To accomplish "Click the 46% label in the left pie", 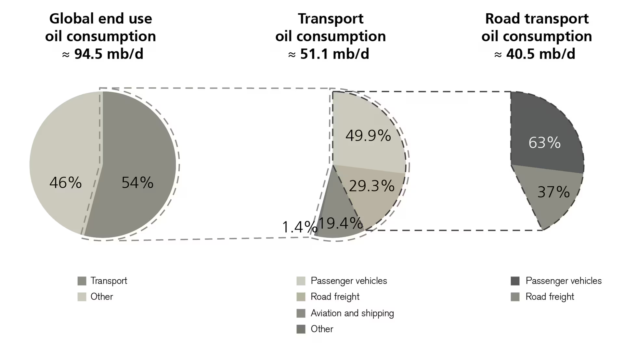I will pos(66,182).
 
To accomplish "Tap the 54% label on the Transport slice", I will pos(137,182).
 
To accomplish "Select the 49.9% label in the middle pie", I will pos(368,135).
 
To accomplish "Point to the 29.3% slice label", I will pos(371,186).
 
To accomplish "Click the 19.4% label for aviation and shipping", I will pos(340,223).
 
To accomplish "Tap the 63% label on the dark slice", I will pos(544,142).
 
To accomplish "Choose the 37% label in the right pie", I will pos(553,192).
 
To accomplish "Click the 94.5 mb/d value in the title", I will pos(109,54).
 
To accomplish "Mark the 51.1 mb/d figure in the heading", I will pos(334,54).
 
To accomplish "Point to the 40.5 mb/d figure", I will pos(540,54).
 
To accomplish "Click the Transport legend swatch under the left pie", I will pos(82,281).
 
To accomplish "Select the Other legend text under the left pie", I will pos(102,297).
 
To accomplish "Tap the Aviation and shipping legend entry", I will pos(352,313).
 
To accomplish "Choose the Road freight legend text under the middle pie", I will pos(335,297).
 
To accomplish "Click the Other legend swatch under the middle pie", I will pos(301,329).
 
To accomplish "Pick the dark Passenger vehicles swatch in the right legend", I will pos(515,281).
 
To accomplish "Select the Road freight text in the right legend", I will pos(550,297).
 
